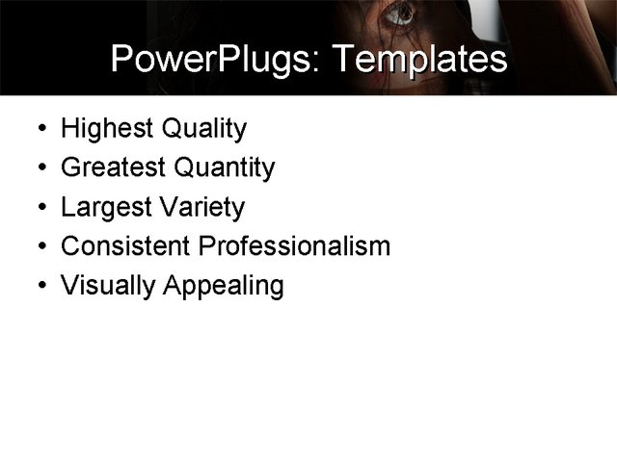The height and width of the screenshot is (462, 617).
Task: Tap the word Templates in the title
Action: [417, 60]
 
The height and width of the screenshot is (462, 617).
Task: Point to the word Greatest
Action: [114, 168]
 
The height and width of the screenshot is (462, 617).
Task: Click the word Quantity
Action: [225, 168]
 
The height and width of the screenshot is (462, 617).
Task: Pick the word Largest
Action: [102, 208]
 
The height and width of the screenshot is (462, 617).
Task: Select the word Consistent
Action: [125, 246]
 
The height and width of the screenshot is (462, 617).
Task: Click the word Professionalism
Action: [294, 246]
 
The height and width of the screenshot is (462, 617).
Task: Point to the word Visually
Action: [108, 286]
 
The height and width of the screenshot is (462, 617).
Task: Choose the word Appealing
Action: [224, 286]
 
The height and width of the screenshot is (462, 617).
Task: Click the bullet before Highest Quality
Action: [37, 129]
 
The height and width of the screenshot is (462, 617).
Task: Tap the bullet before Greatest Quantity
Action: [37, 168]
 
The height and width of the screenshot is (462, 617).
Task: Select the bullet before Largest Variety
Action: [37, 208]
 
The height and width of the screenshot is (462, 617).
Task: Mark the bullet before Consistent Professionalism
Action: [37, 246]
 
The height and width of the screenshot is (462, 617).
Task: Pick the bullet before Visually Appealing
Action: [37, 286]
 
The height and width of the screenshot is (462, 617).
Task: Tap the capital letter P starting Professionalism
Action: [205, 246]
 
